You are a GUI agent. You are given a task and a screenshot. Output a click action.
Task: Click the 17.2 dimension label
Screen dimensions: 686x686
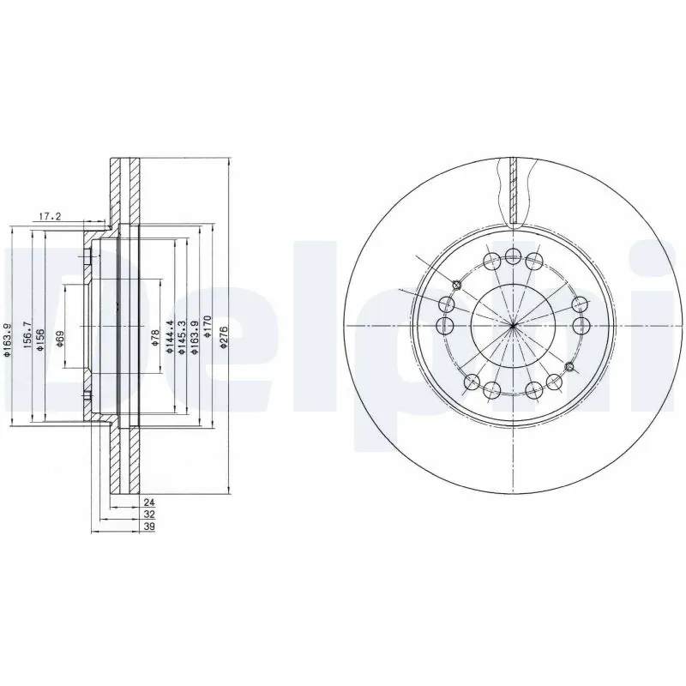coord(51,216)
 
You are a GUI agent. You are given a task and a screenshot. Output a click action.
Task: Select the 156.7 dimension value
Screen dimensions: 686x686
coord(27,335)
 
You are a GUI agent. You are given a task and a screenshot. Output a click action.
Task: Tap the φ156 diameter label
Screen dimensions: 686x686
coord(39,335)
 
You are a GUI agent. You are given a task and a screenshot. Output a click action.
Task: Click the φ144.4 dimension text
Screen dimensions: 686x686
coord(170,335)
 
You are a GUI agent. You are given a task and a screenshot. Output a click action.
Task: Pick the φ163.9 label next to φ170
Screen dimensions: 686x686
coord(196,335)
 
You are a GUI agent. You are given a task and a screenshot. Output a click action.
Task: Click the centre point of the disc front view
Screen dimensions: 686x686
coord(512,325)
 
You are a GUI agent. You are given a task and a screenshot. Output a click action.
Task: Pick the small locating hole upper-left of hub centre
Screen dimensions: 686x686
coord(456,285)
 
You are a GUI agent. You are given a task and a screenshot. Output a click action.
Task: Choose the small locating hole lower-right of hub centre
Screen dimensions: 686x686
coord(569,367)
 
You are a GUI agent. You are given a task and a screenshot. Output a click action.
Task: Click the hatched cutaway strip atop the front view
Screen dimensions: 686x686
coord(512,190)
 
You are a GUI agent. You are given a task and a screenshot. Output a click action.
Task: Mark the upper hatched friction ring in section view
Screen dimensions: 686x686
coord(124,192)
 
